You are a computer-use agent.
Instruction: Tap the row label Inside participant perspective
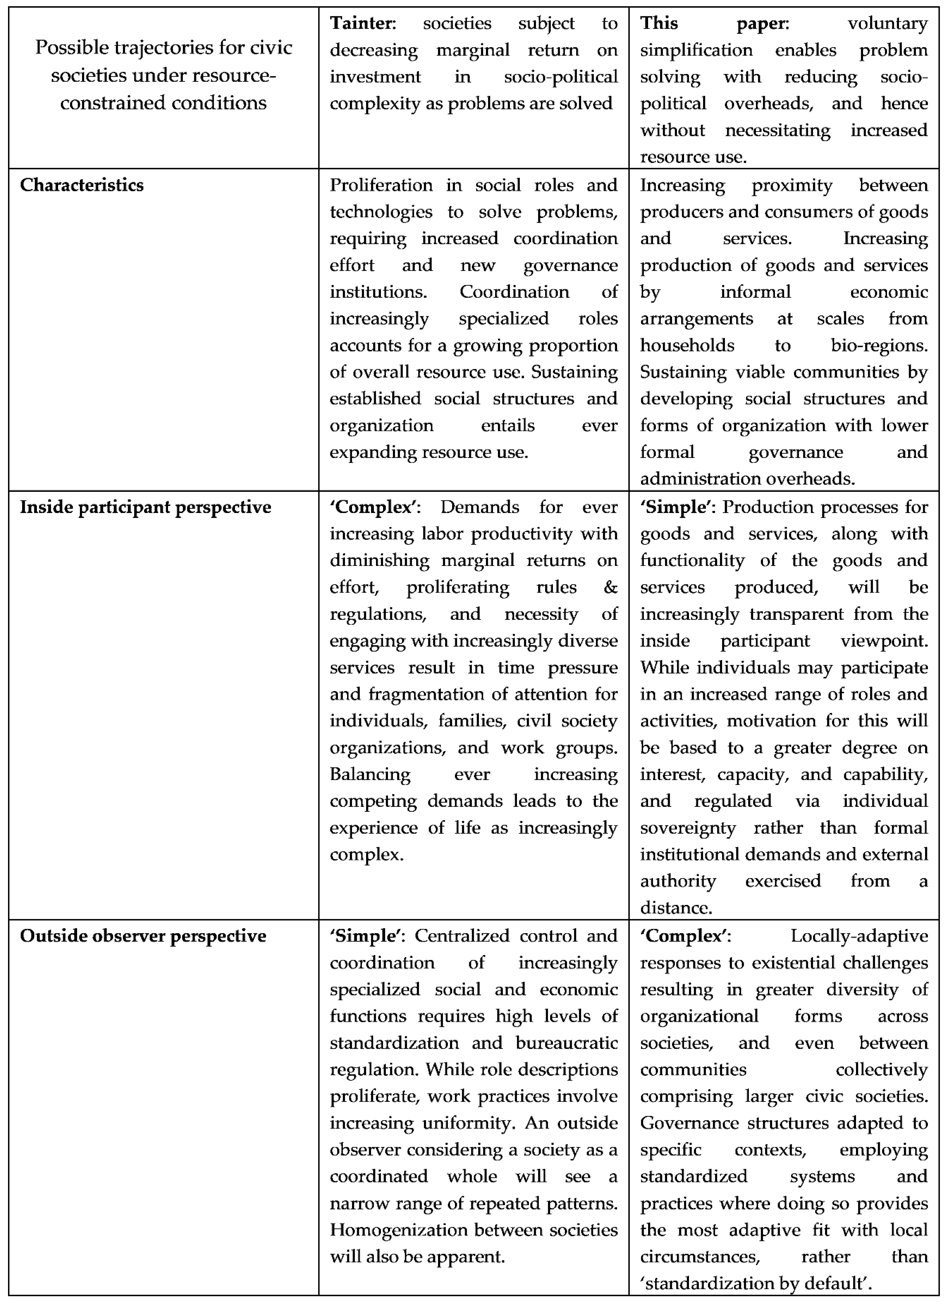[x=145, y=507]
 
